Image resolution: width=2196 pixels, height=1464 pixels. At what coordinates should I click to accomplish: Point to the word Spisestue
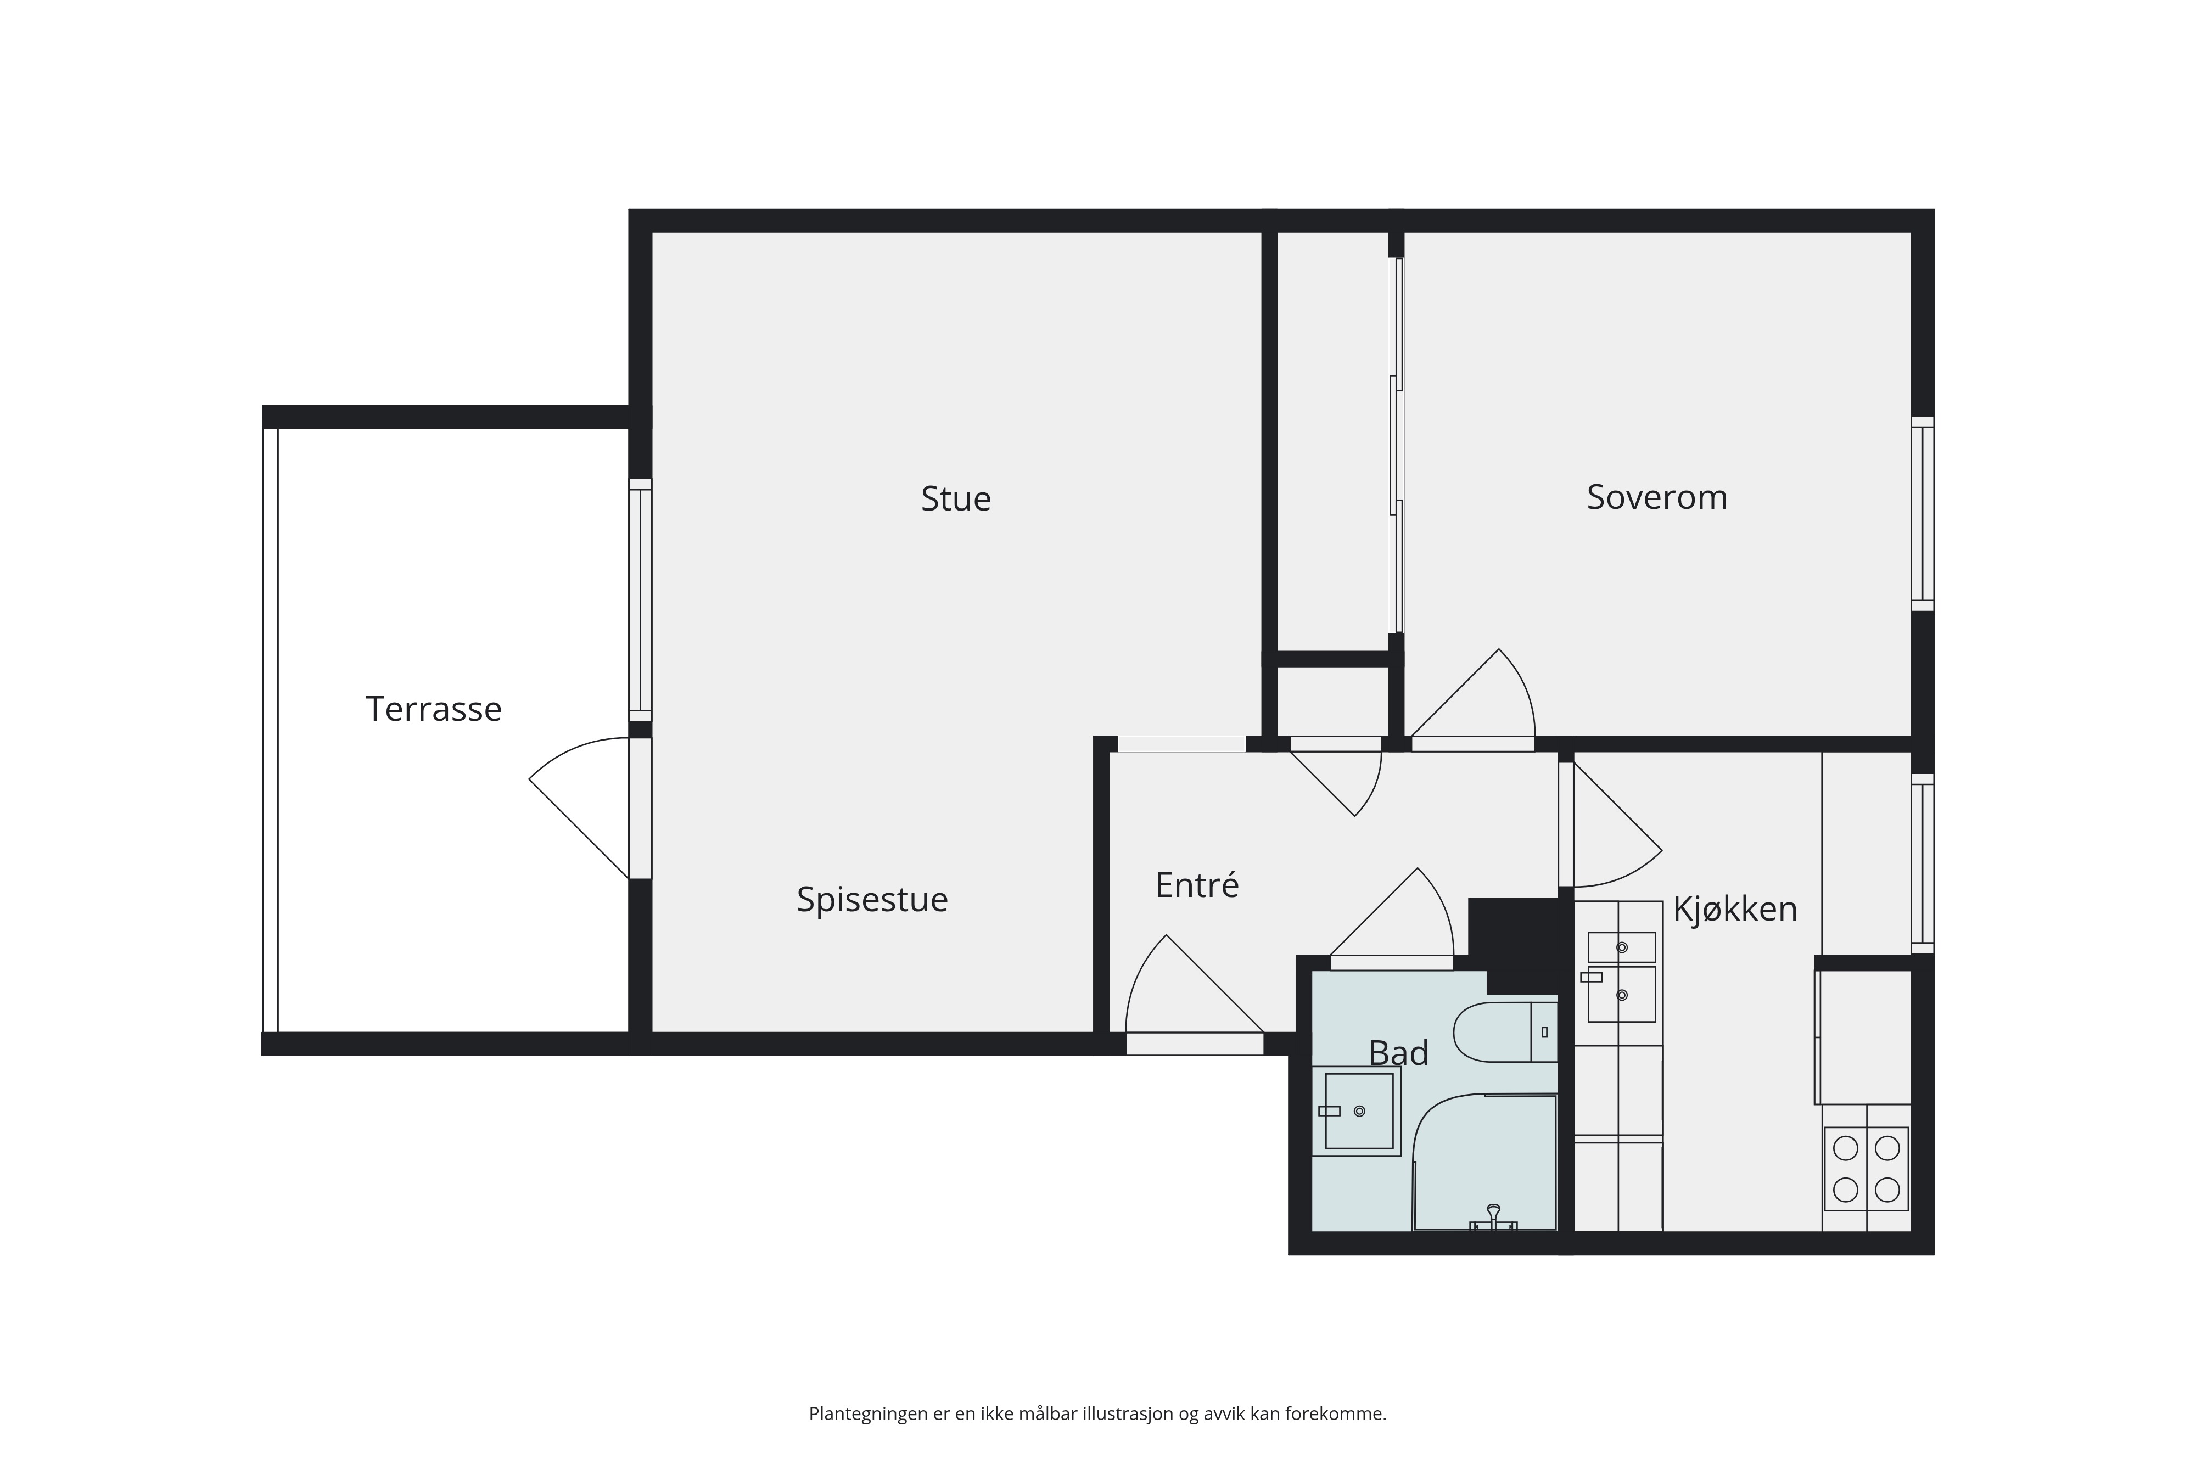click(872, 899)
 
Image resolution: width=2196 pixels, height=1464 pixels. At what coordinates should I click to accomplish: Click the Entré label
click(1197, 884)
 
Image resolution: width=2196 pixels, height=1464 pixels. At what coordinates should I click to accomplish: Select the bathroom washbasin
click(1358, 1111)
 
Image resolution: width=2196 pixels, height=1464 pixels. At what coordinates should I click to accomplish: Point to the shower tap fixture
click(1493, 1219)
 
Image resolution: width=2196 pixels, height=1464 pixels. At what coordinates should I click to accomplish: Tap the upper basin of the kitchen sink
click(1622, 947)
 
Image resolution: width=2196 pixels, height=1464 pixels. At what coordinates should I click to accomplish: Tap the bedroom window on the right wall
click(1923, 513)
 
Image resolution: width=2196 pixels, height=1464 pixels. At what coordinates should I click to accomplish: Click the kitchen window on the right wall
click(1923, 863)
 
